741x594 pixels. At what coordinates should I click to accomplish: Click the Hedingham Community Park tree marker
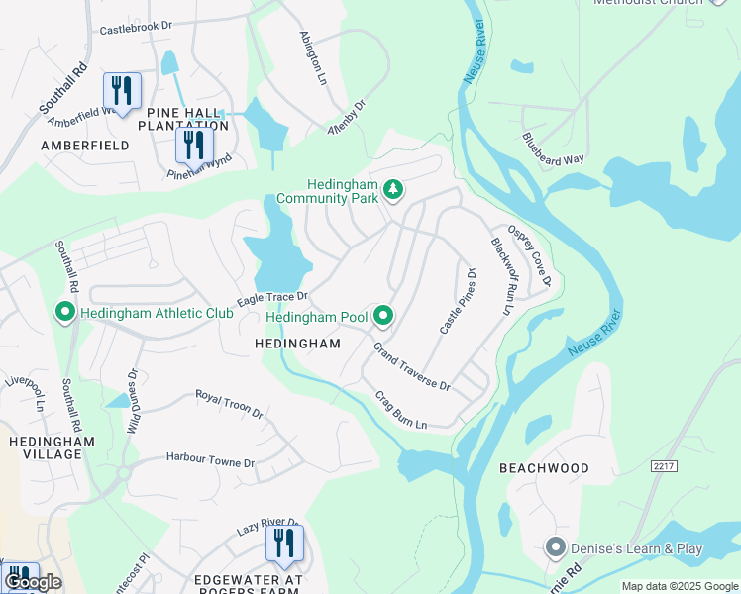point(393,189)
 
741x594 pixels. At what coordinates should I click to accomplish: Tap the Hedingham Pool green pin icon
point(382,317)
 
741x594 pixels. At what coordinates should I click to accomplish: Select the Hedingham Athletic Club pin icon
point(65,313)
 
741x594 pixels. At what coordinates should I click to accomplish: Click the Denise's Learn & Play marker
point(555,547)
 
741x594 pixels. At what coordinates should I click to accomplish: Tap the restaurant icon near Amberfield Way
point(122,92)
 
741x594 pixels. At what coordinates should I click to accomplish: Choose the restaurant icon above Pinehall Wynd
point(193,146)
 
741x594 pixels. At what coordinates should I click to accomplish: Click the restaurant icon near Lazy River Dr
point(283,544)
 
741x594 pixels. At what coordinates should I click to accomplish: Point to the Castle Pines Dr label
point(458,300)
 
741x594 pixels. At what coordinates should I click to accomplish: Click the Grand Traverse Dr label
point(411,366)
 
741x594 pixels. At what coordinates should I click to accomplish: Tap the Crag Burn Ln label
point(400,411)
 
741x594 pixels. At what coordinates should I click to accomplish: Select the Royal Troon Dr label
point(228,403)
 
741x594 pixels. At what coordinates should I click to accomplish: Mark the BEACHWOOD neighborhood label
point(544,468)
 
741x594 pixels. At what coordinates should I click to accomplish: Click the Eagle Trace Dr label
point(272,298)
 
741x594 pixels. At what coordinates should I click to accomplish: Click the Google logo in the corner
point(33,582)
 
